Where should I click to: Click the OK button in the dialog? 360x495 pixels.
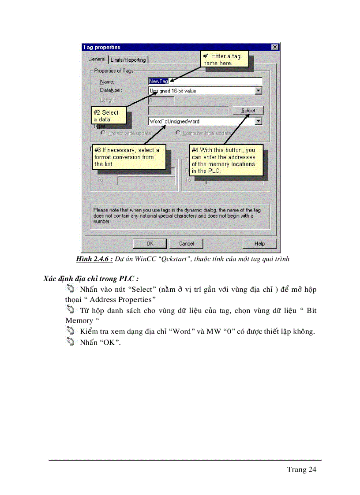(x=150, y=243)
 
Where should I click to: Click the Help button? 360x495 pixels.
(x=259, y=243)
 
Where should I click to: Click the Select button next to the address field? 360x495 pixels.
(x=248, y=111)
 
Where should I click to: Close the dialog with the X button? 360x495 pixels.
(x=275, y=47)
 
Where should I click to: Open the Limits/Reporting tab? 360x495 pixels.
(x=128, y=60)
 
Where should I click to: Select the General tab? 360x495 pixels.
(x=96, y=59)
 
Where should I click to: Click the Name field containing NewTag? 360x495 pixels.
(x=205, y=81)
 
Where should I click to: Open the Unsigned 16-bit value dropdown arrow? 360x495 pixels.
(x=259, y=91)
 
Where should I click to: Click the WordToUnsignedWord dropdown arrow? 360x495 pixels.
(x=259, y=121)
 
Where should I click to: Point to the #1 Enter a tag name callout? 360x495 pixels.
(x=225, y=60)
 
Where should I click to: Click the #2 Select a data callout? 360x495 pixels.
(x=109, y=116)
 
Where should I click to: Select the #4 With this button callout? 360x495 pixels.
(x=226, y=160)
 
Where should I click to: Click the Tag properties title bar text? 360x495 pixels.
(x=102, y=47)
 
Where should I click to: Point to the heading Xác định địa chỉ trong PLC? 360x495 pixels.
(x=91, y=279)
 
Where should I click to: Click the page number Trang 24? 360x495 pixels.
(x=301, y=469)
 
